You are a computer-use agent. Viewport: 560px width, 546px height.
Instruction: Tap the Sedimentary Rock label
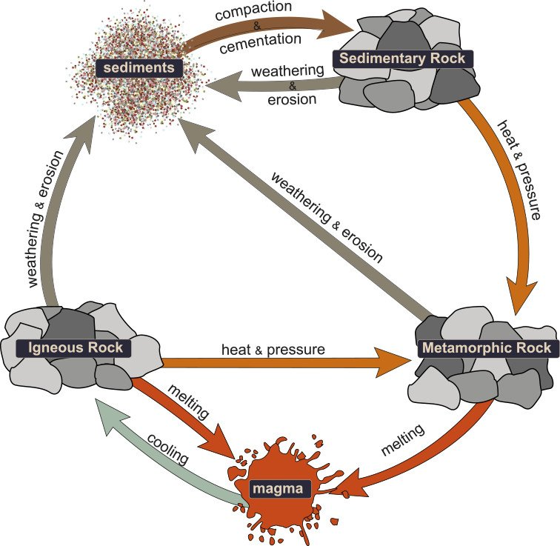coord(403,59)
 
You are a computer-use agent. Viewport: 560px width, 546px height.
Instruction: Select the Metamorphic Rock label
coord(486,347)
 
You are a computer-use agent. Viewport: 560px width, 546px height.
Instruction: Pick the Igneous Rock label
coord(79,347)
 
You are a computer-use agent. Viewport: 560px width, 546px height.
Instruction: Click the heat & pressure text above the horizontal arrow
coord(272,348)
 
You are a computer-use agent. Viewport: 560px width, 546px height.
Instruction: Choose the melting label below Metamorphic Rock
coord(404,442)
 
